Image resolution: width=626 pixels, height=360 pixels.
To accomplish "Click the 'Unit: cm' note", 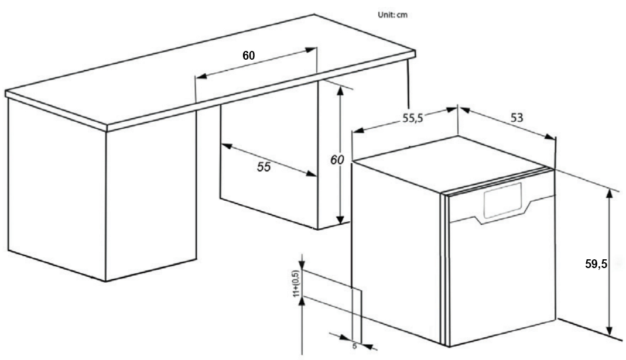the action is [x=393, y=15].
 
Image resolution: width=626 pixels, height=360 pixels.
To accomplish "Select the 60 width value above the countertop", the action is [x=249, y=56].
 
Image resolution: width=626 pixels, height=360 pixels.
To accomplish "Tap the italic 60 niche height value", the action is [x=337, y=160].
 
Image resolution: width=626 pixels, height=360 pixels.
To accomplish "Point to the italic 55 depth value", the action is [x=264, y=167].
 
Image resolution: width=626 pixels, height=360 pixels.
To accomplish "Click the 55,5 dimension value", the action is [x=413, y=118].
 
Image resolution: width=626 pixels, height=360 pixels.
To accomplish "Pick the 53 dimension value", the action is [x=516, y=117].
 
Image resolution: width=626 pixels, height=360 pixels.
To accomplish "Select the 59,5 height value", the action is [x=597, y=264].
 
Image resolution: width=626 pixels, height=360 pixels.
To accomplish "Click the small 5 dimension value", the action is [x=354, y=347].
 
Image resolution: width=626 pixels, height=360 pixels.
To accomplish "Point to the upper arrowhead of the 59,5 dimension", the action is [x=609, y=194].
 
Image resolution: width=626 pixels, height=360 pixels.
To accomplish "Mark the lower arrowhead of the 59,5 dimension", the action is [x=609, y=330].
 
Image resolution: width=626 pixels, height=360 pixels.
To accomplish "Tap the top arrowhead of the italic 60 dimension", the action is [x=340, y=91].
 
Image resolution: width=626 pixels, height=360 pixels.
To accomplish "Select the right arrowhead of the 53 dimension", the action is [x=550, y=136].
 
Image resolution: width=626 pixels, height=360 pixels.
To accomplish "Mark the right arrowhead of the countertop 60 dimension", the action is [x=311, y=50].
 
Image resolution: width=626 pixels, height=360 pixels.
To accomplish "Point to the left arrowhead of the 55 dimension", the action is [x=227, y=146].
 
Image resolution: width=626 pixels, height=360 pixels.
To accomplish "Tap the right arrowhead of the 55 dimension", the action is [x=312, y=174].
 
